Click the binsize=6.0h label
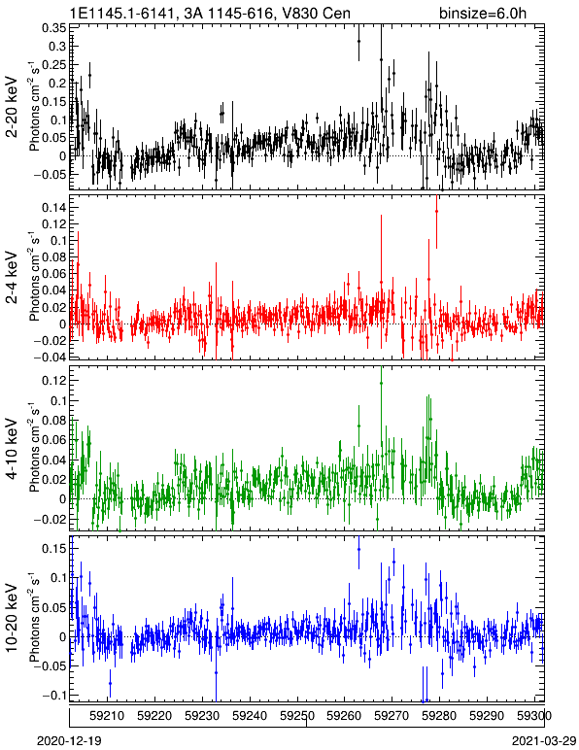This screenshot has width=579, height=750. pos(483,13)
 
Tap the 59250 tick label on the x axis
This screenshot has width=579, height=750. pos(297,716)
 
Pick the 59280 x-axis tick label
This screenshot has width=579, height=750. pos(439,716)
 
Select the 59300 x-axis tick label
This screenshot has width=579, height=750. pos(534,716)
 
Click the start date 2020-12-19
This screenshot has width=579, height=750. pos(69,741)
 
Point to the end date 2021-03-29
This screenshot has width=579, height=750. pos(544,741)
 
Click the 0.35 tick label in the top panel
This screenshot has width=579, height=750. pos(54,28)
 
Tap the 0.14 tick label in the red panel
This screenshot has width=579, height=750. pos(54,208)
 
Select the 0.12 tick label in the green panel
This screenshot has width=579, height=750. pos(54,380)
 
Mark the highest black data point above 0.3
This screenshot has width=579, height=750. pos(358,42)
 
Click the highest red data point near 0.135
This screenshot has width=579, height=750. pos(436,211)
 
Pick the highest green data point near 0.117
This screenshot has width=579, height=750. pos(381,383)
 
